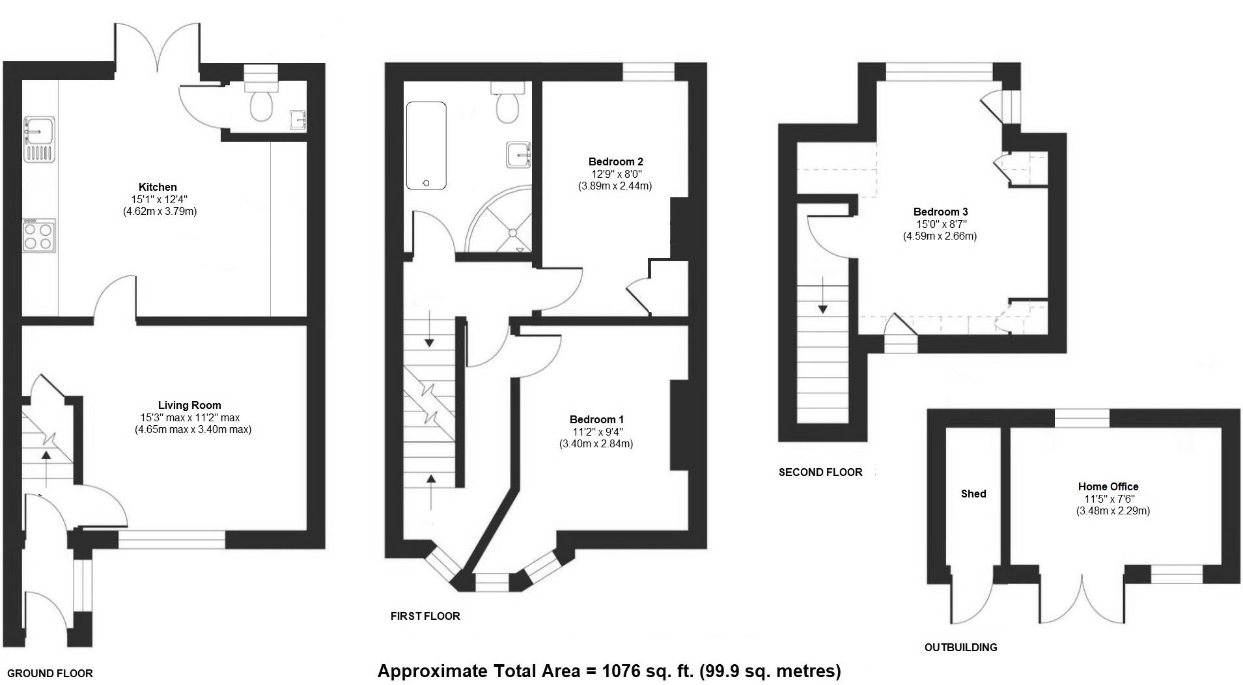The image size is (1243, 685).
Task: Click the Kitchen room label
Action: click(158, 187)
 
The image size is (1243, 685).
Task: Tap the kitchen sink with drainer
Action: click(38, 139)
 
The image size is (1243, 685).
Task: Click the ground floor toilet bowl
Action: click(261, 106)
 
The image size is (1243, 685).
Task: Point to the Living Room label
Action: click(189, 405)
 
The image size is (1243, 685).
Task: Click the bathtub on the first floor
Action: click(426, 145)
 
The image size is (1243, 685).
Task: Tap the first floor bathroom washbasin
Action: click(518, 155)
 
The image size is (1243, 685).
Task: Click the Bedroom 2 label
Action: click(615, 161)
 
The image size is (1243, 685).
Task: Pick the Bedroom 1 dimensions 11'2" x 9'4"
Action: click(596, 432)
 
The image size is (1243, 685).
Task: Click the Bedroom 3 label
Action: click(940, 212)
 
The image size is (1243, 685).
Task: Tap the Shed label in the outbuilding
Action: click(973, 494)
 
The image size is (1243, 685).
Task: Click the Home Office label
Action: click(1108, 486)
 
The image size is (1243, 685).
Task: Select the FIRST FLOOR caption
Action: click(425, 616)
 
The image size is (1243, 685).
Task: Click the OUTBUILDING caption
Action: click(960, 647)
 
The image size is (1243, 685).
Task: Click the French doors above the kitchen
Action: click(157, 49)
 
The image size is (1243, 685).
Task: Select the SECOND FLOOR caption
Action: click(820, 472)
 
